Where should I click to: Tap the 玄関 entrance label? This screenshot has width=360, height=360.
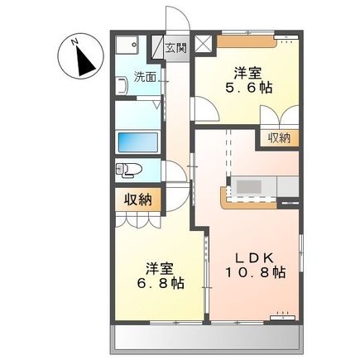tap(175, 46)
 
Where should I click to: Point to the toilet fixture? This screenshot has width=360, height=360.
tap(131, 170)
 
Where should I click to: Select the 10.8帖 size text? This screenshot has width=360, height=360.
tap(257, 272)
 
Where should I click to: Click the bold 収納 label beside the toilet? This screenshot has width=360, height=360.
tap(137, 199)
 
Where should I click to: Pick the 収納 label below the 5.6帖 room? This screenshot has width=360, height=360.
tap(279, 138)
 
